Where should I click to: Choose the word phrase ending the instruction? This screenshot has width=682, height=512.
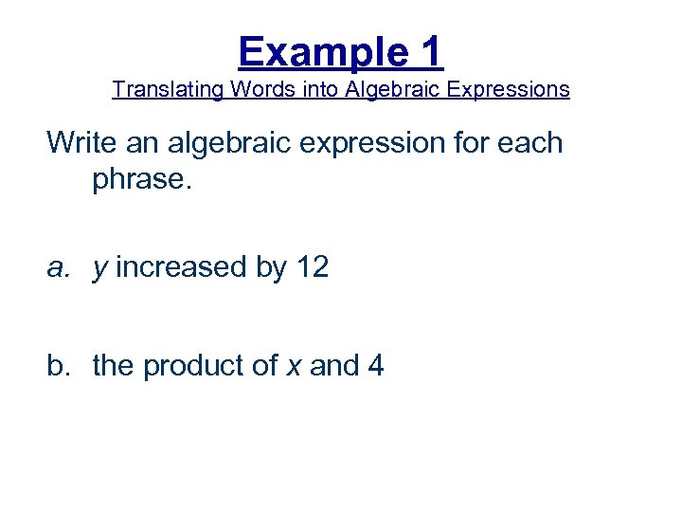(x=141, y=178)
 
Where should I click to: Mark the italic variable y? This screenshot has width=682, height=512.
(x=99, y=270)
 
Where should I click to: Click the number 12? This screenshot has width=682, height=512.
(x=312, y=268)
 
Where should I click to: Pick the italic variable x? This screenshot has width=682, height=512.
(x=293, y=366)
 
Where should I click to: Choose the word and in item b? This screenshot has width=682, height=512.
(x=332, y=365)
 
